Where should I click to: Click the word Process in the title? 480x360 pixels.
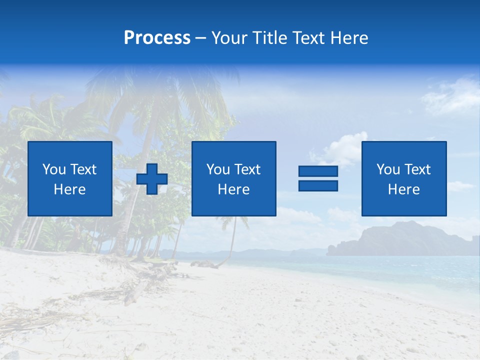pyautogui.click(x=157, y=38)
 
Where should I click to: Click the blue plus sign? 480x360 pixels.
pyautogui.click(x=152, y=178)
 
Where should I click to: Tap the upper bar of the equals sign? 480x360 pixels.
pyautogui.click(x=318, y=171)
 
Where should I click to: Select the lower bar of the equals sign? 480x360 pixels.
pyautogui.click(x=318, y=185)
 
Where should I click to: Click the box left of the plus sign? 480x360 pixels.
pyautogui.click(x=70, y=178)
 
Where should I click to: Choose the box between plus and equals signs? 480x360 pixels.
pyautogui.click(x=234, y=178)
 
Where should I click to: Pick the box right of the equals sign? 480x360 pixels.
pyautogui.click(x=404, y=178)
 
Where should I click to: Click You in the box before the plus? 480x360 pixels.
pyautogui.click(x=54, y=169)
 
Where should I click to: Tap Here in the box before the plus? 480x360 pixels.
pyautogui.click(x=70, y=189)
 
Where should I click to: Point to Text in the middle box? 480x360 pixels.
pyautogui.click(x=248, y=169)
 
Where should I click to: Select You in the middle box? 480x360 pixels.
pyautogui.click(x=218, y=169)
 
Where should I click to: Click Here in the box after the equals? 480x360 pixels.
pyautogui.click(x=404, y=189)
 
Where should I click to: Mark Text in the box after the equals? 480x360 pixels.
pyautogui.click(x=418, y=169)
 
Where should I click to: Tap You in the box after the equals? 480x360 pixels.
pyautogui.click(x=388, y=169)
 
